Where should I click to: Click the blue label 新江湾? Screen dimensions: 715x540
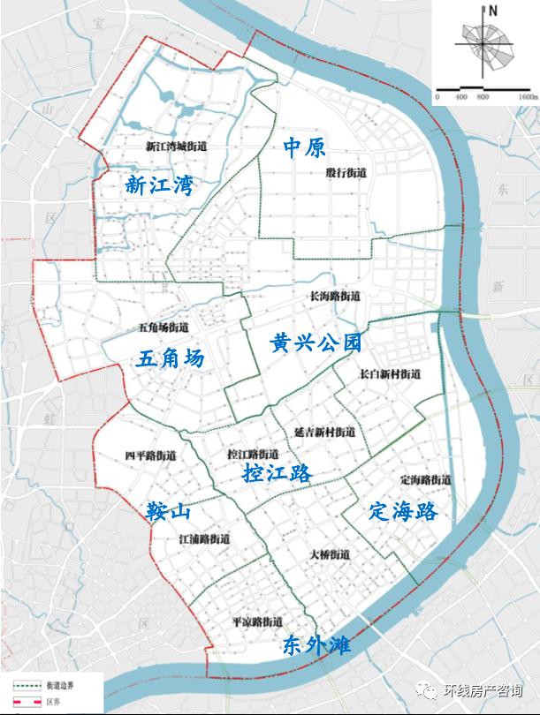pos(159,185)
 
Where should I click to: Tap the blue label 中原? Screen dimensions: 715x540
pos(305,147)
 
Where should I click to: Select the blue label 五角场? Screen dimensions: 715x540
pos(171,358)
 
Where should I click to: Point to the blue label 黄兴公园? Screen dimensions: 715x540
pos(316,342)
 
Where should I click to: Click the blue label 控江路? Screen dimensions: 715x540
pos(278,473)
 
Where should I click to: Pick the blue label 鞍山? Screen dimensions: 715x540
pos(170,512)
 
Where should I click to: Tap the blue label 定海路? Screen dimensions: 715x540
pos(404,512)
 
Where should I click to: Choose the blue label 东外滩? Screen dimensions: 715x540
pos(316,645)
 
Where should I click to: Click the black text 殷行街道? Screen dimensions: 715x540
pos(346,174)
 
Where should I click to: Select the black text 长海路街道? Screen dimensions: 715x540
pos(335,297)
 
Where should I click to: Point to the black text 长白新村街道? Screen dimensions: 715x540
pos(390,374)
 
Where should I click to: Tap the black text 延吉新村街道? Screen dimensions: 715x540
pos(324,433)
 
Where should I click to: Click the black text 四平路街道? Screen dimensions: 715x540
pos(150,456)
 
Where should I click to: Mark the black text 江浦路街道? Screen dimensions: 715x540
pos(204,538)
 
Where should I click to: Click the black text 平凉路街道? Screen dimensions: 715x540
pos(256,621)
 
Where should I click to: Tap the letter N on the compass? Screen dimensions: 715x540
pos(493,11)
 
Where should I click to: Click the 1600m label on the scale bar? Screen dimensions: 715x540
pos(528,94)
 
